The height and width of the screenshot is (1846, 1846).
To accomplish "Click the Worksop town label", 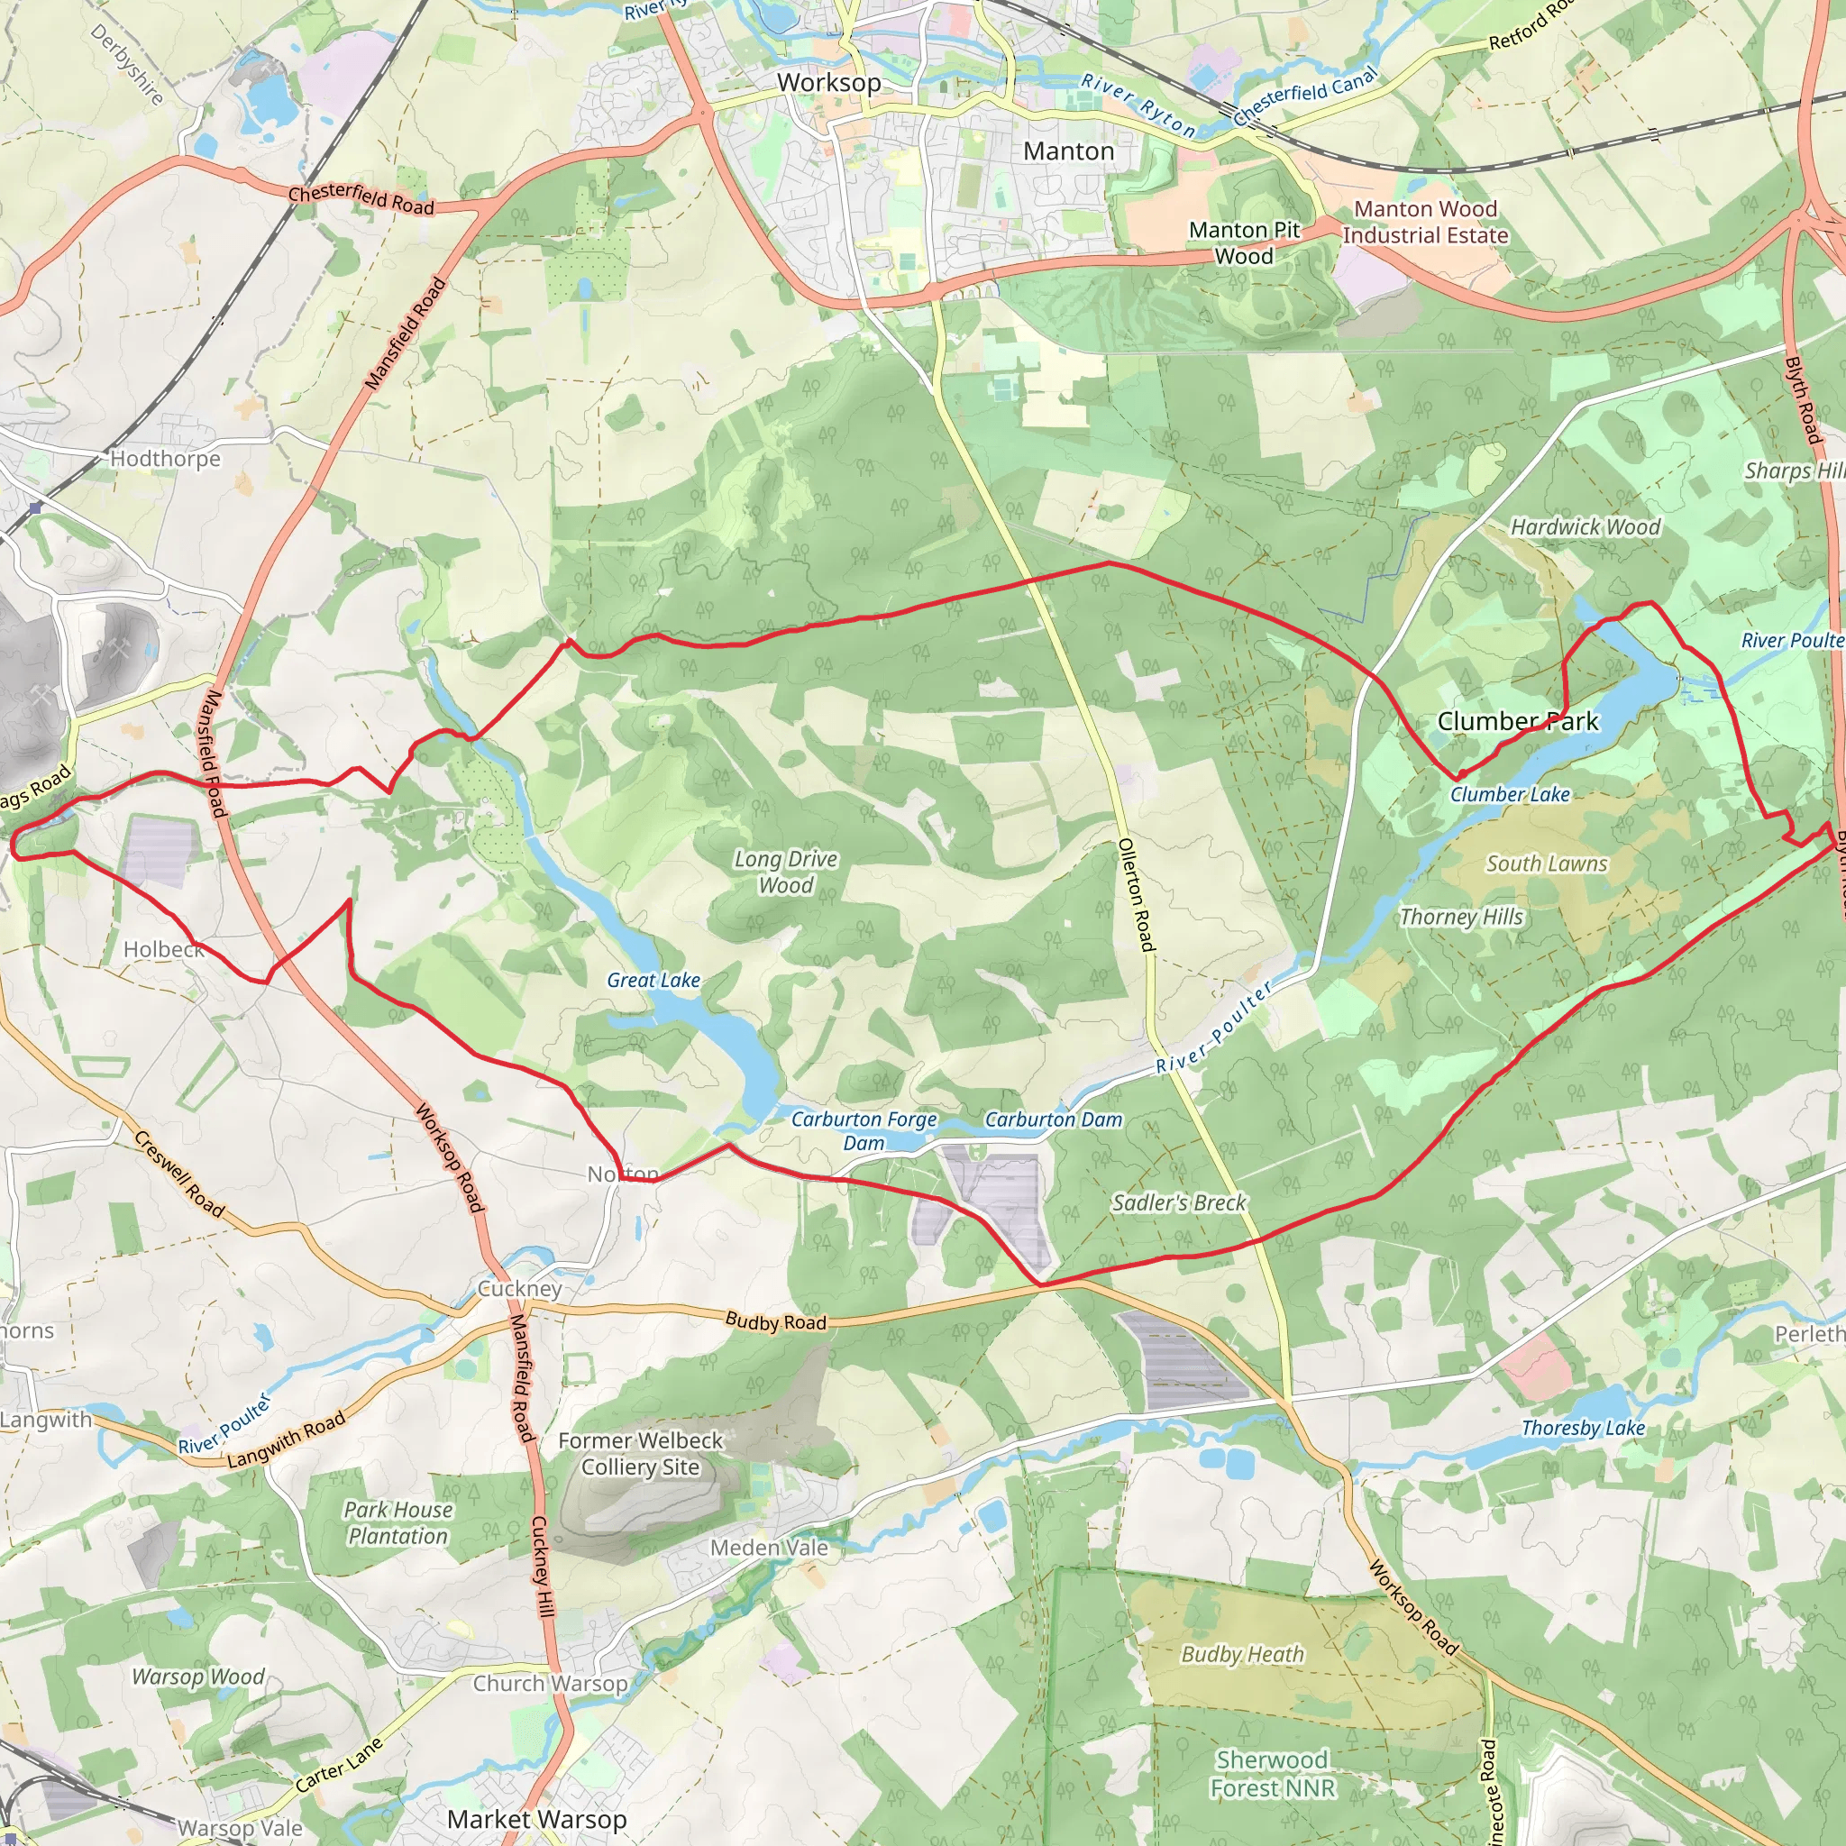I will point(828,82).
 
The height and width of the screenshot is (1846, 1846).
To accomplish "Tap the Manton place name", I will point(1068,151).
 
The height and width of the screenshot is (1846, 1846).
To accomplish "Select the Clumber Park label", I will point(1517,721).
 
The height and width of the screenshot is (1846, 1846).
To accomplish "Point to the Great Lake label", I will point(653,980).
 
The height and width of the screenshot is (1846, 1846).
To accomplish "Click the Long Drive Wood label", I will point(785,872).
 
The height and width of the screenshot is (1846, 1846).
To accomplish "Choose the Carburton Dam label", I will point(1053,1119).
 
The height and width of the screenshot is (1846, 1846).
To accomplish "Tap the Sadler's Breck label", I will point(1178,1202).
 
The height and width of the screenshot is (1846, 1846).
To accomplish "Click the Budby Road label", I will point(775,1321).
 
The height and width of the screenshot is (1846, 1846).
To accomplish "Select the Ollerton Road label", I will point(1137,894).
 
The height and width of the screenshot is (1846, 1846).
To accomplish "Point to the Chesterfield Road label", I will point(361,198).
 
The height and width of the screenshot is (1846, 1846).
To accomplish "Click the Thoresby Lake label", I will point(1582,1428).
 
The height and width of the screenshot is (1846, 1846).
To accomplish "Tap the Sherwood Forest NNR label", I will point(1272,1773).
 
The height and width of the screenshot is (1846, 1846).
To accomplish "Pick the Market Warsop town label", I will point(537,1819).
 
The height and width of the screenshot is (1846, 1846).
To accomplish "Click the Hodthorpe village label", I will point(165,459).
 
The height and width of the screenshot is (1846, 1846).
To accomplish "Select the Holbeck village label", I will point(163,949).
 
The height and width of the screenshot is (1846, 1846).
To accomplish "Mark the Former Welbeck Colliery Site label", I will point(640,1453).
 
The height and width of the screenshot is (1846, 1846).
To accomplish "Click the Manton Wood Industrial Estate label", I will point(1425,222).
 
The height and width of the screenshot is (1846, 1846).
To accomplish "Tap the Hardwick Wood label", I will point(1586,526).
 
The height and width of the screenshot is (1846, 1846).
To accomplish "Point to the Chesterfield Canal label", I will point(1305,95).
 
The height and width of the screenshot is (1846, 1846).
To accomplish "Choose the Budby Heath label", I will point(1242,1654).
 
